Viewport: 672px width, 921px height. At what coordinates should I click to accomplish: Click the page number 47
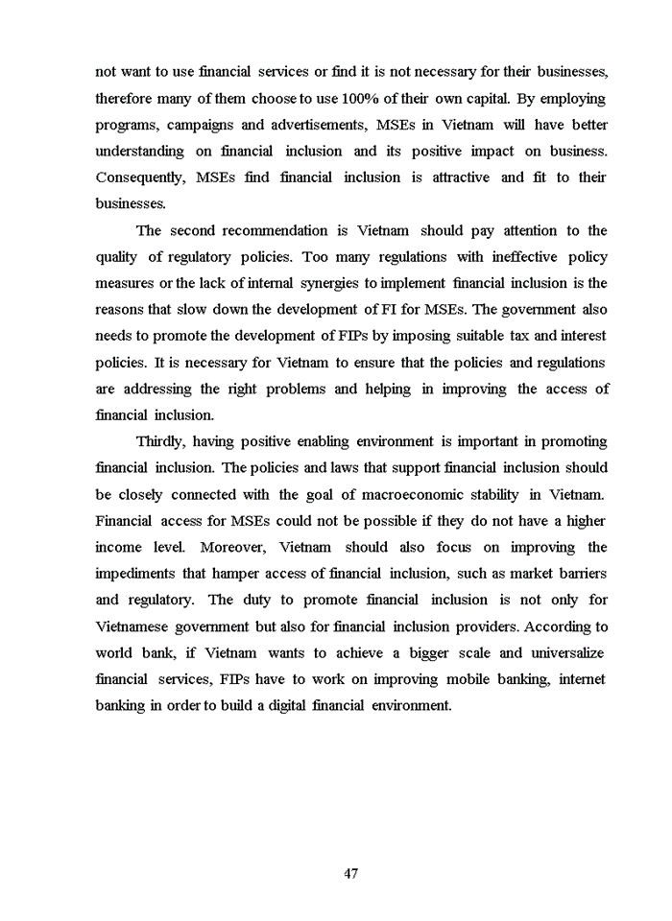click(350, 874)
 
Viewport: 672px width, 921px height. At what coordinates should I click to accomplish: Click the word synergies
click(324, 283)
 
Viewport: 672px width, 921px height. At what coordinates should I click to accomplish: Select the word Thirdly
click(160, 441)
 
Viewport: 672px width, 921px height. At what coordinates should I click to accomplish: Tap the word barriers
click(580, 574)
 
